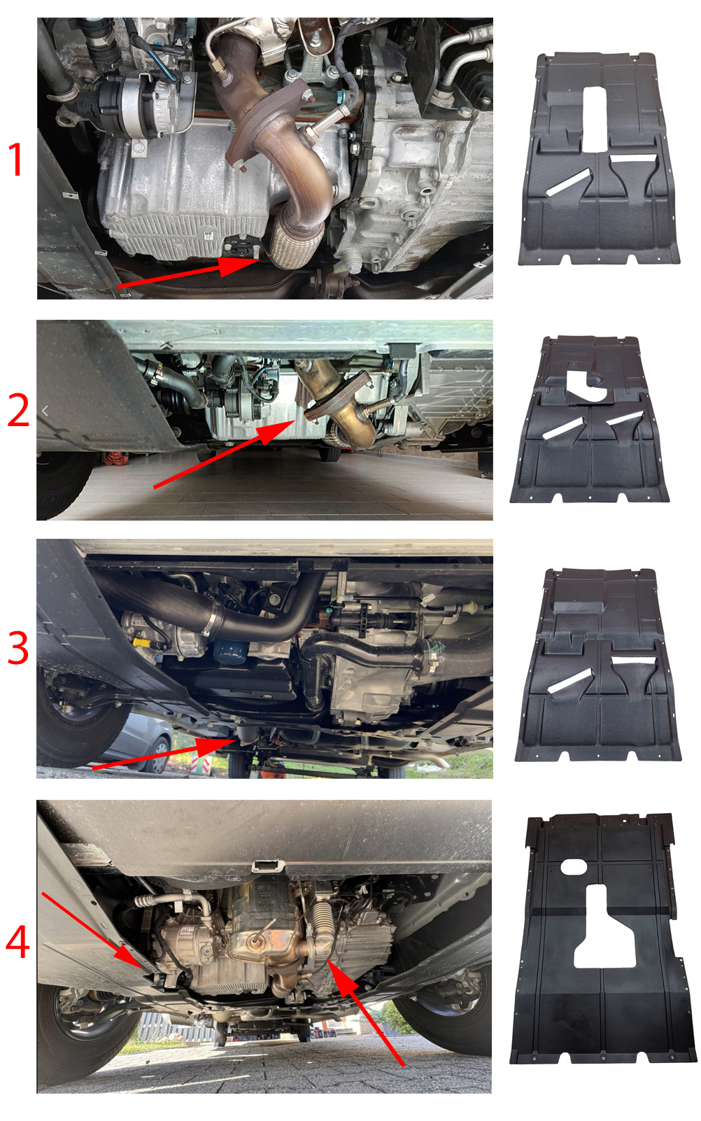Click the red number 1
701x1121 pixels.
(x=16, y=159)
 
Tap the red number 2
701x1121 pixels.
(x=18, y=410)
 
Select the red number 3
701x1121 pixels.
(x=18, y=647)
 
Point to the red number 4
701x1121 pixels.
(x=17, y=941)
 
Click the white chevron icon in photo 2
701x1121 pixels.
(x=45, y=411)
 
